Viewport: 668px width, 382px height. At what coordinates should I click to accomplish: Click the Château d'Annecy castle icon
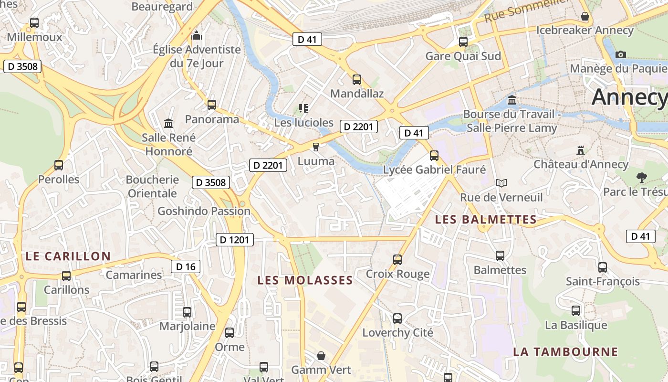pos(581,150)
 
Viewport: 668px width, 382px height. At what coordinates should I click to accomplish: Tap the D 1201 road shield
pos(235,240)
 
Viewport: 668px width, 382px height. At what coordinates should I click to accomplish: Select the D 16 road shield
pos(186,266)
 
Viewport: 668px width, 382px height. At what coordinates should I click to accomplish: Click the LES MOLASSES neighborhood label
pos(305,280)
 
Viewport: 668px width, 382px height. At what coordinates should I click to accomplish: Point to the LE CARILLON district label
pos(68,256)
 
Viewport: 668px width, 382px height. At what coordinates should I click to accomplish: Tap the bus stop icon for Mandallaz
pos(356,80)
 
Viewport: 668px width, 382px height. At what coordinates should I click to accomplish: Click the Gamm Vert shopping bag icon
pos(321,356)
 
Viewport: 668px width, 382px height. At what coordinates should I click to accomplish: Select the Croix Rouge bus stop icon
pos(397,260)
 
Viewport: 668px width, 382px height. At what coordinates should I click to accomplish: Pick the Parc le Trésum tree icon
pos(641,178)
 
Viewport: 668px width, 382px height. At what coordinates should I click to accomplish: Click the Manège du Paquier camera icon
pos(621,54)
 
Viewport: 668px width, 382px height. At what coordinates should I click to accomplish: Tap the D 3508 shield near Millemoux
pos(22,66)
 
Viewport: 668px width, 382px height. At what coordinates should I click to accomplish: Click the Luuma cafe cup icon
pos(315,147)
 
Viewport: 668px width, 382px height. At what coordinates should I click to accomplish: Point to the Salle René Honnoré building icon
pos(168,124)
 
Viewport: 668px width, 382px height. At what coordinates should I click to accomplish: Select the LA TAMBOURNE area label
pos(565,352)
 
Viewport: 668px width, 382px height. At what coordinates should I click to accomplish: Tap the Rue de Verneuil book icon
pos(501,183)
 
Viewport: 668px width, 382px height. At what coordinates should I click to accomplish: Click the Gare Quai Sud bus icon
pos(463,42)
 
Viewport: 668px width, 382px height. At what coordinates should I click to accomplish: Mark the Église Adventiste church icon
pos(197,35)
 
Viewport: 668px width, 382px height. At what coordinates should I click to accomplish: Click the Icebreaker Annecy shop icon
pos(585,17)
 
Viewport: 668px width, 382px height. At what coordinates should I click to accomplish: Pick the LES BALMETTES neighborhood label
pos(486,220)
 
